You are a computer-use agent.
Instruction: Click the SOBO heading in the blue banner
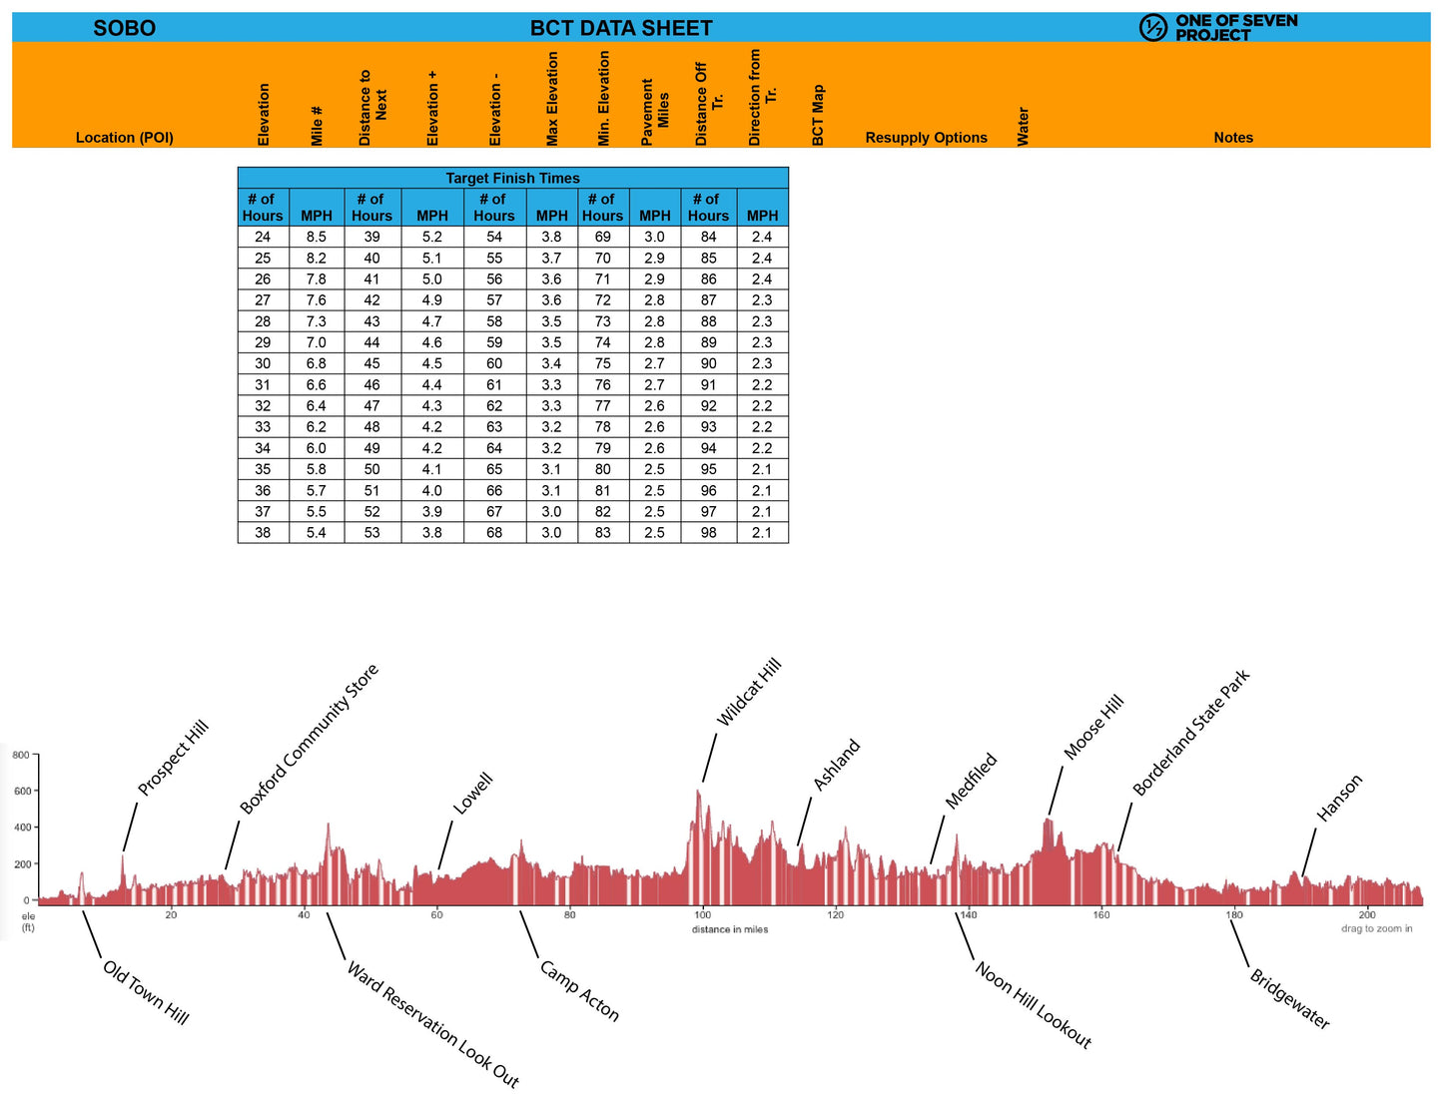(125, 28)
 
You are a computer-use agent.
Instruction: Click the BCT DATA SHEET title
(621, 28)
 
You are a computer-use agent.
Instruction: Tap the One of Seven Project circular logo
(1152, 28)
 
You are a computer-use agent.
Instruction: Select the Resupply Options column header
(926, 138)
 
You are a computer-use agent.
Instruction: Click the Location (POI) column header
(125, 138)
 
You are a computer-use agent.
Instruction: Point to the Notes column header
(1233, 138)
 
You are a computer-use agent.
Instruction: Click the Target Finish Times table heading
(512, 178)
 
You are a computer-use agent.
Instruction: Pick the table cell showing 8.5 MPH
(317, 237)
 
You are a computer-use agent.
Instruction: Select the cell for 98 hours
(708, 532)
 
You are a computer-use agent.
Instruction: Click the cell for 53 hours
(371, 532)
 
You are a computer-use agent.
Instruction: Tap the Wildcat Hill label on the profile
(749, 693)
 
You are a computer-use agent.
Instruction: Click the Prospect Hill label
(173, 758)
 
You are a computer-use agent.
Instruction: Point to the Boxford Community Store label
(310, 739)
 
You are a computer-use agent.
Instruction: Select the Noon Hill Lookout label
(1034, 1005)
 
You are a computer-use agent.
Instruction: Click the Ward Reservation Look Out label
(432, 1024)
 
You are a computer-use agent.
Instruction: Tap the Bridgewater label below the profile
(1290, 999)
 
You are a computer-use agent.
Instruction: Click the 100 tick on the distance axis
(702, 914)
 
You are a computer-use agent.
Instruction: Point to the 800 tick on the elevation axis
(21, 755)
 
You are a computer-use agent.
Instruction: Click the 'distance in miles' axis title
(730, 929)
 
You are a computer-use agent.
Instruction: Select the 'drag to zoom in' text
(1376, 928)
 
